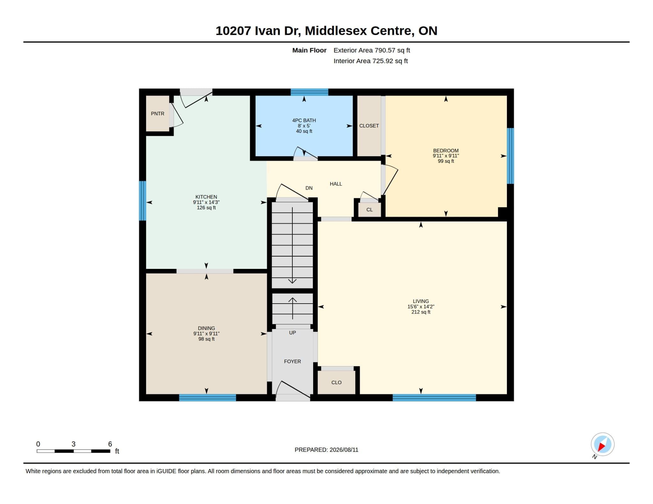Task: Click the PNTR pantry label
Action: point(158,113)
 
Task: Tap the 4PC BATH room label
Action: point(304,120)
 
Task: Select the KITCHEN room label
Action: point(206,197)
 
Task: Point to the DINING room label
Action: point(206,328)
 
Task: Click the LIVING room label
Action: point(421,301)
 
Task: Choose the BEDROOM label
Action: point(446,150)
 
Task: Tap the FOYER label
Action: point(292,361)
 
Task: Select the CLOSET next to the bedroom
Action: point(369,126)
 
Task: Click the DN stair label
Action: point(309,188)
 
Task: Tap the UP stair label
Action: point(292,333)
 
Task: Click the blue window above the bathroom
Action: point(309,92)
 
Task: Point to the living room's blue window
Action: point(434,398)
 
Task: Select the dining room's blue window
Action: point(208,398)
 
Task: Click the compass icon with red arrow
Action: point(602,444)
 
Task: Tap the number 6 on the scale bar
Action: point(110,444)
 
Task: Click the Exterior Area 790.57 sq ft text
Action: point(372,50)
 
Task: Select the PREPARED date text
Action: point(326,450)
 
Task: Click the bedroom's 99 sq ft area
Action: point(446,161)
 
